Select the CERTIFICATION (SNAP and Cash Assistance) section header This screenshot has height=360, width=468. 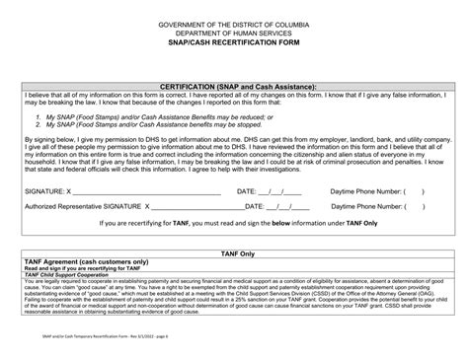(x=233, y=87)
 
